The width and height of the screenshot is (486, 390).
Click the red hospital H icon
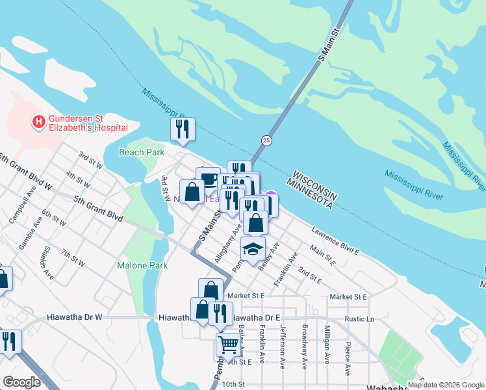(x=39, y=121)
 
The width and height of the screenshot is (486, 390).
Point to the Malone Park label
(x=142, y=265)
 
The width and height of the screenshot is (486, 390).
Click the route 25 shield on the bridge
(x=266, y=140)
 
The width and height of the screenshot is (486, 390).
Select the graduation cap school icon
(x=253, y=249)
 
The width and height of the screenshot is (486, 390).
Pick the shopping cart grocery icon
(x=229, y=343)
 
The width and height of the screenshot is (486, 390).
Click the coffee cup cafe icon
(x=207, y=178)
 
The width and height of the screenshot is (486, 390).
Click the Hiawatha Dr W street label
(x=75, y=317)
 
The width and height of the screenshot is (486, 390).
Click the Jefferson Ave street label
(x=283, y=345)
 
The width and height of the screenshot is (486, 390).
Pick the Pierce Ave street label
(x=348, y=357)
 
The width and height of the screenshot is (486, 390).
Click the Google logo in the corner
(x=21, y=382)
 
